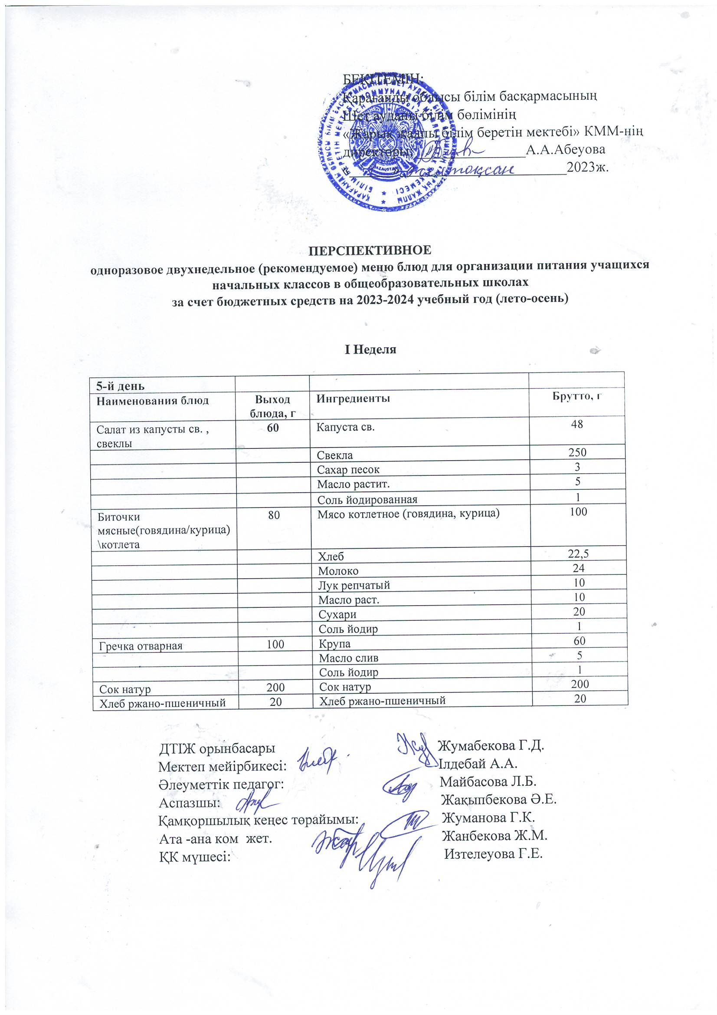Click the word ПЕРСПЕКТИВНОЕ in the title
(x=370, y=250)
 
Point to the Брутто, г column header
(x=577, y=396)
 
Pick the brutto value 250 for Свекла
(x=577, y=452)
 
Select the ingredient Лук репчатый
(x=354, y=585)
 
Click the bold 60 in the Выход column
(x=272, y=428)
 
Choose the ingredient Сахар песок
(x=348, y=469)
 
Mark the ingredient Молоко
(x=338, y=571)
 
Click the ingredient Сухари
(x=337, y=614)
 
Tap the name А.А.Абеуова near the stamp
(x=566, y=149)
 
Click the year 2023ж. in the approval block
(x=588, y=168)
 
